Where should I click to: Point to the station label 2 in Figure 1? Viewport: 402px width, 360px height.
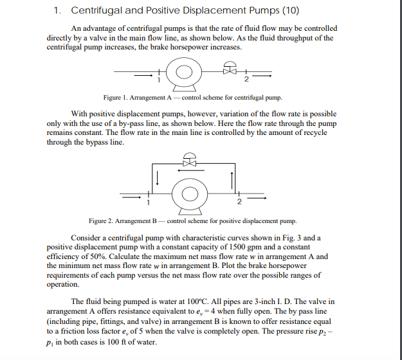pyautogui.click(x=246, y=80)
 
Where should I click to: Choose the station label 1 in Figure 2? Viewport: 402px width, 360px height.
pyautogui.click(x=149, y=203)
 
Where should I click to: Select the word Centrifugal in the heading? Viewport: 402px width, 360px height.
pyautogui.click(x=96, y=10)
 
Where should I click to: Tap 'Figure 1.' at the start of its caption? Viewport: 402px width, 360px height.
pyautogui.click(x=117, y=98)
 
